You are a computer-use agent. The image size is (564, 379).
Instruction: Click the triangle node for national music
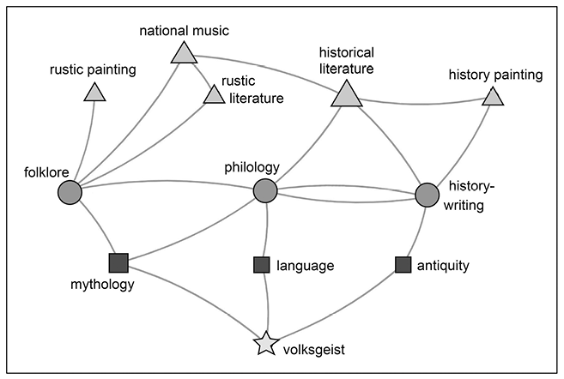tap(184, 54)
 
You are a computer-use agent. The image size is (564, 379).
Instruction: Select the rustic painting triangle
tap(94, 93)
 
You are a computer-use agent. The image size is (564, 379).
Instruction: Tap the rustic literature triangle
tap(213, 95)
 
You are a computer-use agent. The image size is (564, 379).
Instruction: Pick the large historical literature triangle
tap(346, 93)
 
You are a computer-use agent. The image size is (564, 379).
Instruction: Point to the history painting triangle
tap(492, 97)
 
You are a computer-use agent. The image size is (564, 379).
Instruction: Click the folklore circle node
tap(70, 193)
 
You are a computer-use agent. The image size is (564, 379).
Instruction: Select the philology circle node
tap(265, 191)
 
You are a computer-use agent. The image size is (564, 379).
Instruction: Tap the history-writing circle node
tap(427, 196)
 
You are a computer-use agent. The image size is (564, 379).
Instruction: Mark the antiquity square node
tap(403, 264)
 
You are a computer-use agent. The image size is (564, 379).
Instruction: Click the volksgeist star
tap(267, 345)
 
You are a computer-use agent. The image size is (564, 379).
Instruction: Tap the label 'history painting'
tap(495, 75)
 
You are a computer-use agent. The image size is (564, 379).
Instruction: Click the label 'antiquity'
tap(444, 265)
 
